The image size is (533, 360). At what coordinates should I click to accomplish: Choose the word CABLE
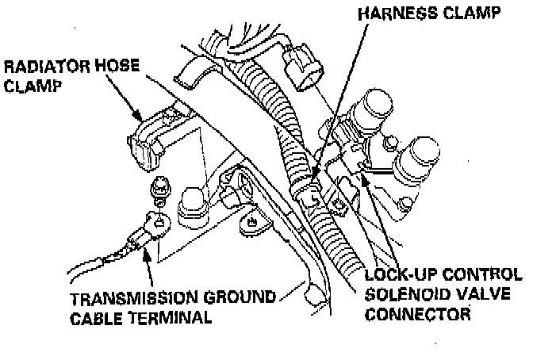click(x=97, y=318)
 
